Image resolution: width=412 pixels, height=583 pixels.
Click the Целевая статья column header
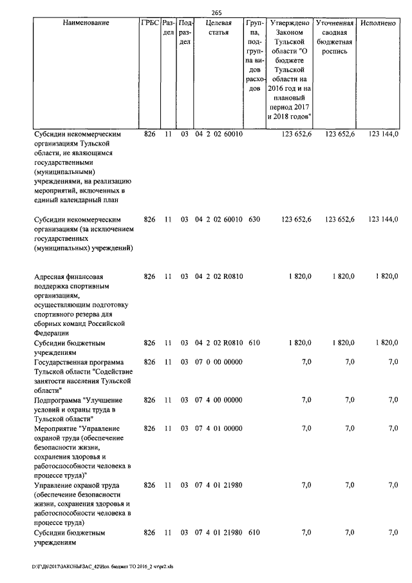tap(218, 28)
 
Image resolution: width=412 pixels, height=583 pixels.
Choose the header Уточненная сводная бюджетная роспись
tap(332, 37)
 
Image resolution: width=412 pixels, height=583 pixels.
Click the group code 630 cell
tap(254, 220)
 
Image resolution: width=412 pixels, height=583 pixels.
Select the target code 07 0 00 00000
tap(218, 362)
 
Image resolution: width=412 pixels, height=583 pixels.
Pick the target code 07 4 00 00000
tap(218, 400)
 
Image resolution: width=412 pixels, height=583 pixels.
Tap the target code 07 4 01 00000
tap(218, 428)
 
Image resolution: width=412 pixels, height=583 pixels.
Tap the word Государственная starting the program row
tap(65, 362)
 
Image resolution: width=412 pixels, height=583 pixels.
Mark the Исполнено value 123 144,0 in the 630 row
tap(383, 220)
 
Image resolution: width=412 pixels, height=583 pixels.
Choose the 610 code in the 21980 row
tap(254, 533)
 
